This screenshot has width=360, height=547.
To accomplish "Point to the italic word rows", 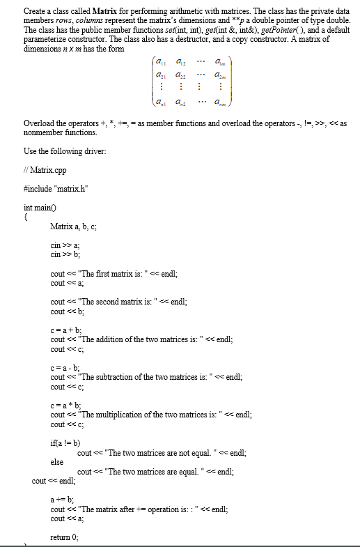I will click(64, 20).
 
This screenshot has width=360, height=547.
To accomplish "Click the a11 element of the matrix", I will click(162, 64).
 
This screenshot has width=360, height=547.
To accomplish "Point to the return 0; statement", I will click(65, 536).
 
